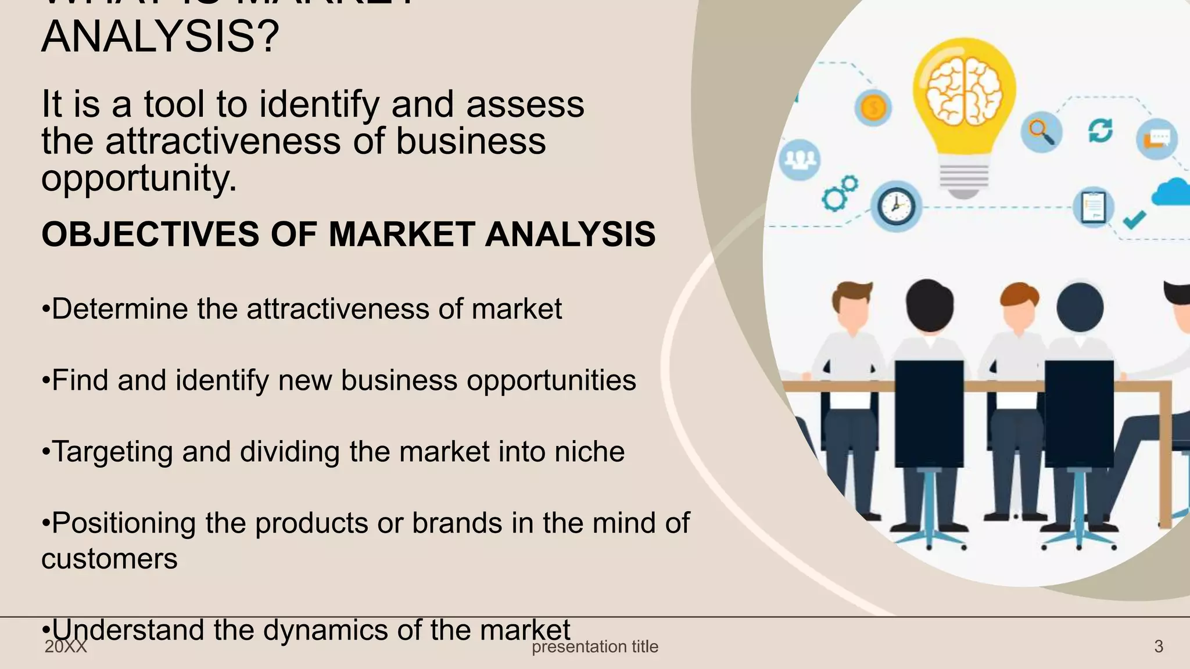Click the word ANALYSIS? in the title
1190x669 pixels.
tap(160, 37)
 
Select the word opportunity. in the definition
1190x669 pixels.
tap(139, 178)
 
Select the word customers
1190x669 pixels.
tap(109, 559)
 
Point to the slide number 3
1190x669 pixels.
tap(1158, 646)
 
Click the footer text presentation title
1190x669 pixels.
tap(595, 646)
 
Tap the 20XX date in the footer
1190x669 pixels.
tap(66, 647)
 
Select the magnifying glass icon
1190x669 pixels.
tap(1041, 132)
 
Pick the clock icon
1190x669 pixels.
tap(895, 206)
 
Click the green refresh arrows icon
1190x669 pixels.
tap(1100, 130)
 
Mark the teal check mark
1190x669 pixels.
tap(1134, 219)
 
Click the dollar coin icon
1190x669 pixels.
tap(873, 107)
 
